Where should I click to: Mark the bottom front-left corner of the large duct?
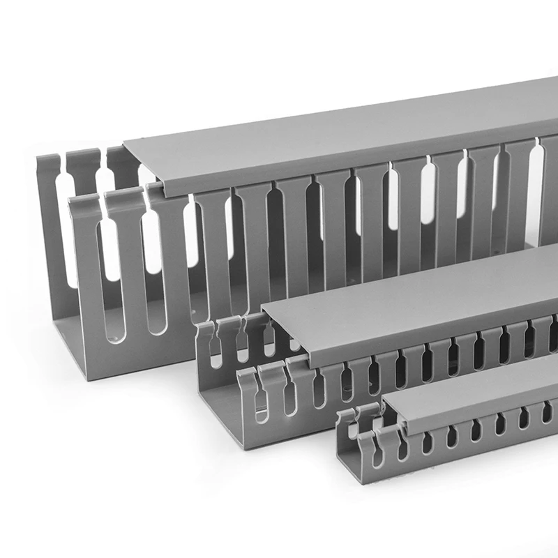(89, 379)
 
